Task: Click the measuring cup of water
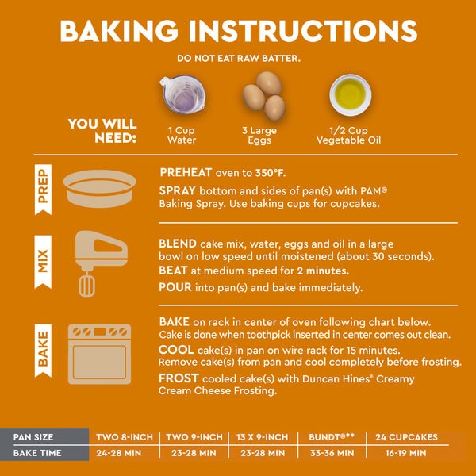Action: [x=182, y=94]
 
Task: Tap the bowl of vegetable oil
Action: [x=351, y=95]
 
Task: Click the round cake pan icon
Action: [x=100, y=189]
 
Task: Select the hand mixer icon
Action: [x=101, y=263]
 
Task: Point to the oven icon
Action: [x=100, y=355]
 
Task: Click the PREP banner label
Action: [x=43, y=190]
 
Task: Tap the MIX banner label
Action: [x=43, y=261]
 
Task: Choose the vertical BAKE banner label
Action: [x=43, y=351]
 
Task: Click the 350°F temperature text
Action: [x=271, y=173]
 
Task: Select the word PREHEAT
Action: [x=186, y=172]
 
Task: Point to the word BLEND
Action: [x=178, y=244]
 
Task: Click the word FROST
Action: [x=178, y=378]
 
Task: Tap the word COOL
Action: [x=176, y=350]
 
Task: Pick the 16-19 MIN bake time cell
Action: [x=406, y=453]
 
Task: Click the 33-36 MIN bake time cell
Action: [x=332, y=453]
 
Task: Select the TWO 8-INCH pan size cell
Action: [x=125, y=437]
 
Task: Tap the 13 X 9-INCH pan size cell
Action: [x=262, y=437]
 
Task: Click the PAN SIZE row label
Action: [x=33, y=437]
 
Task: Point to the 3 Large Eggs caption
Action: [x=259, y=135]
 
